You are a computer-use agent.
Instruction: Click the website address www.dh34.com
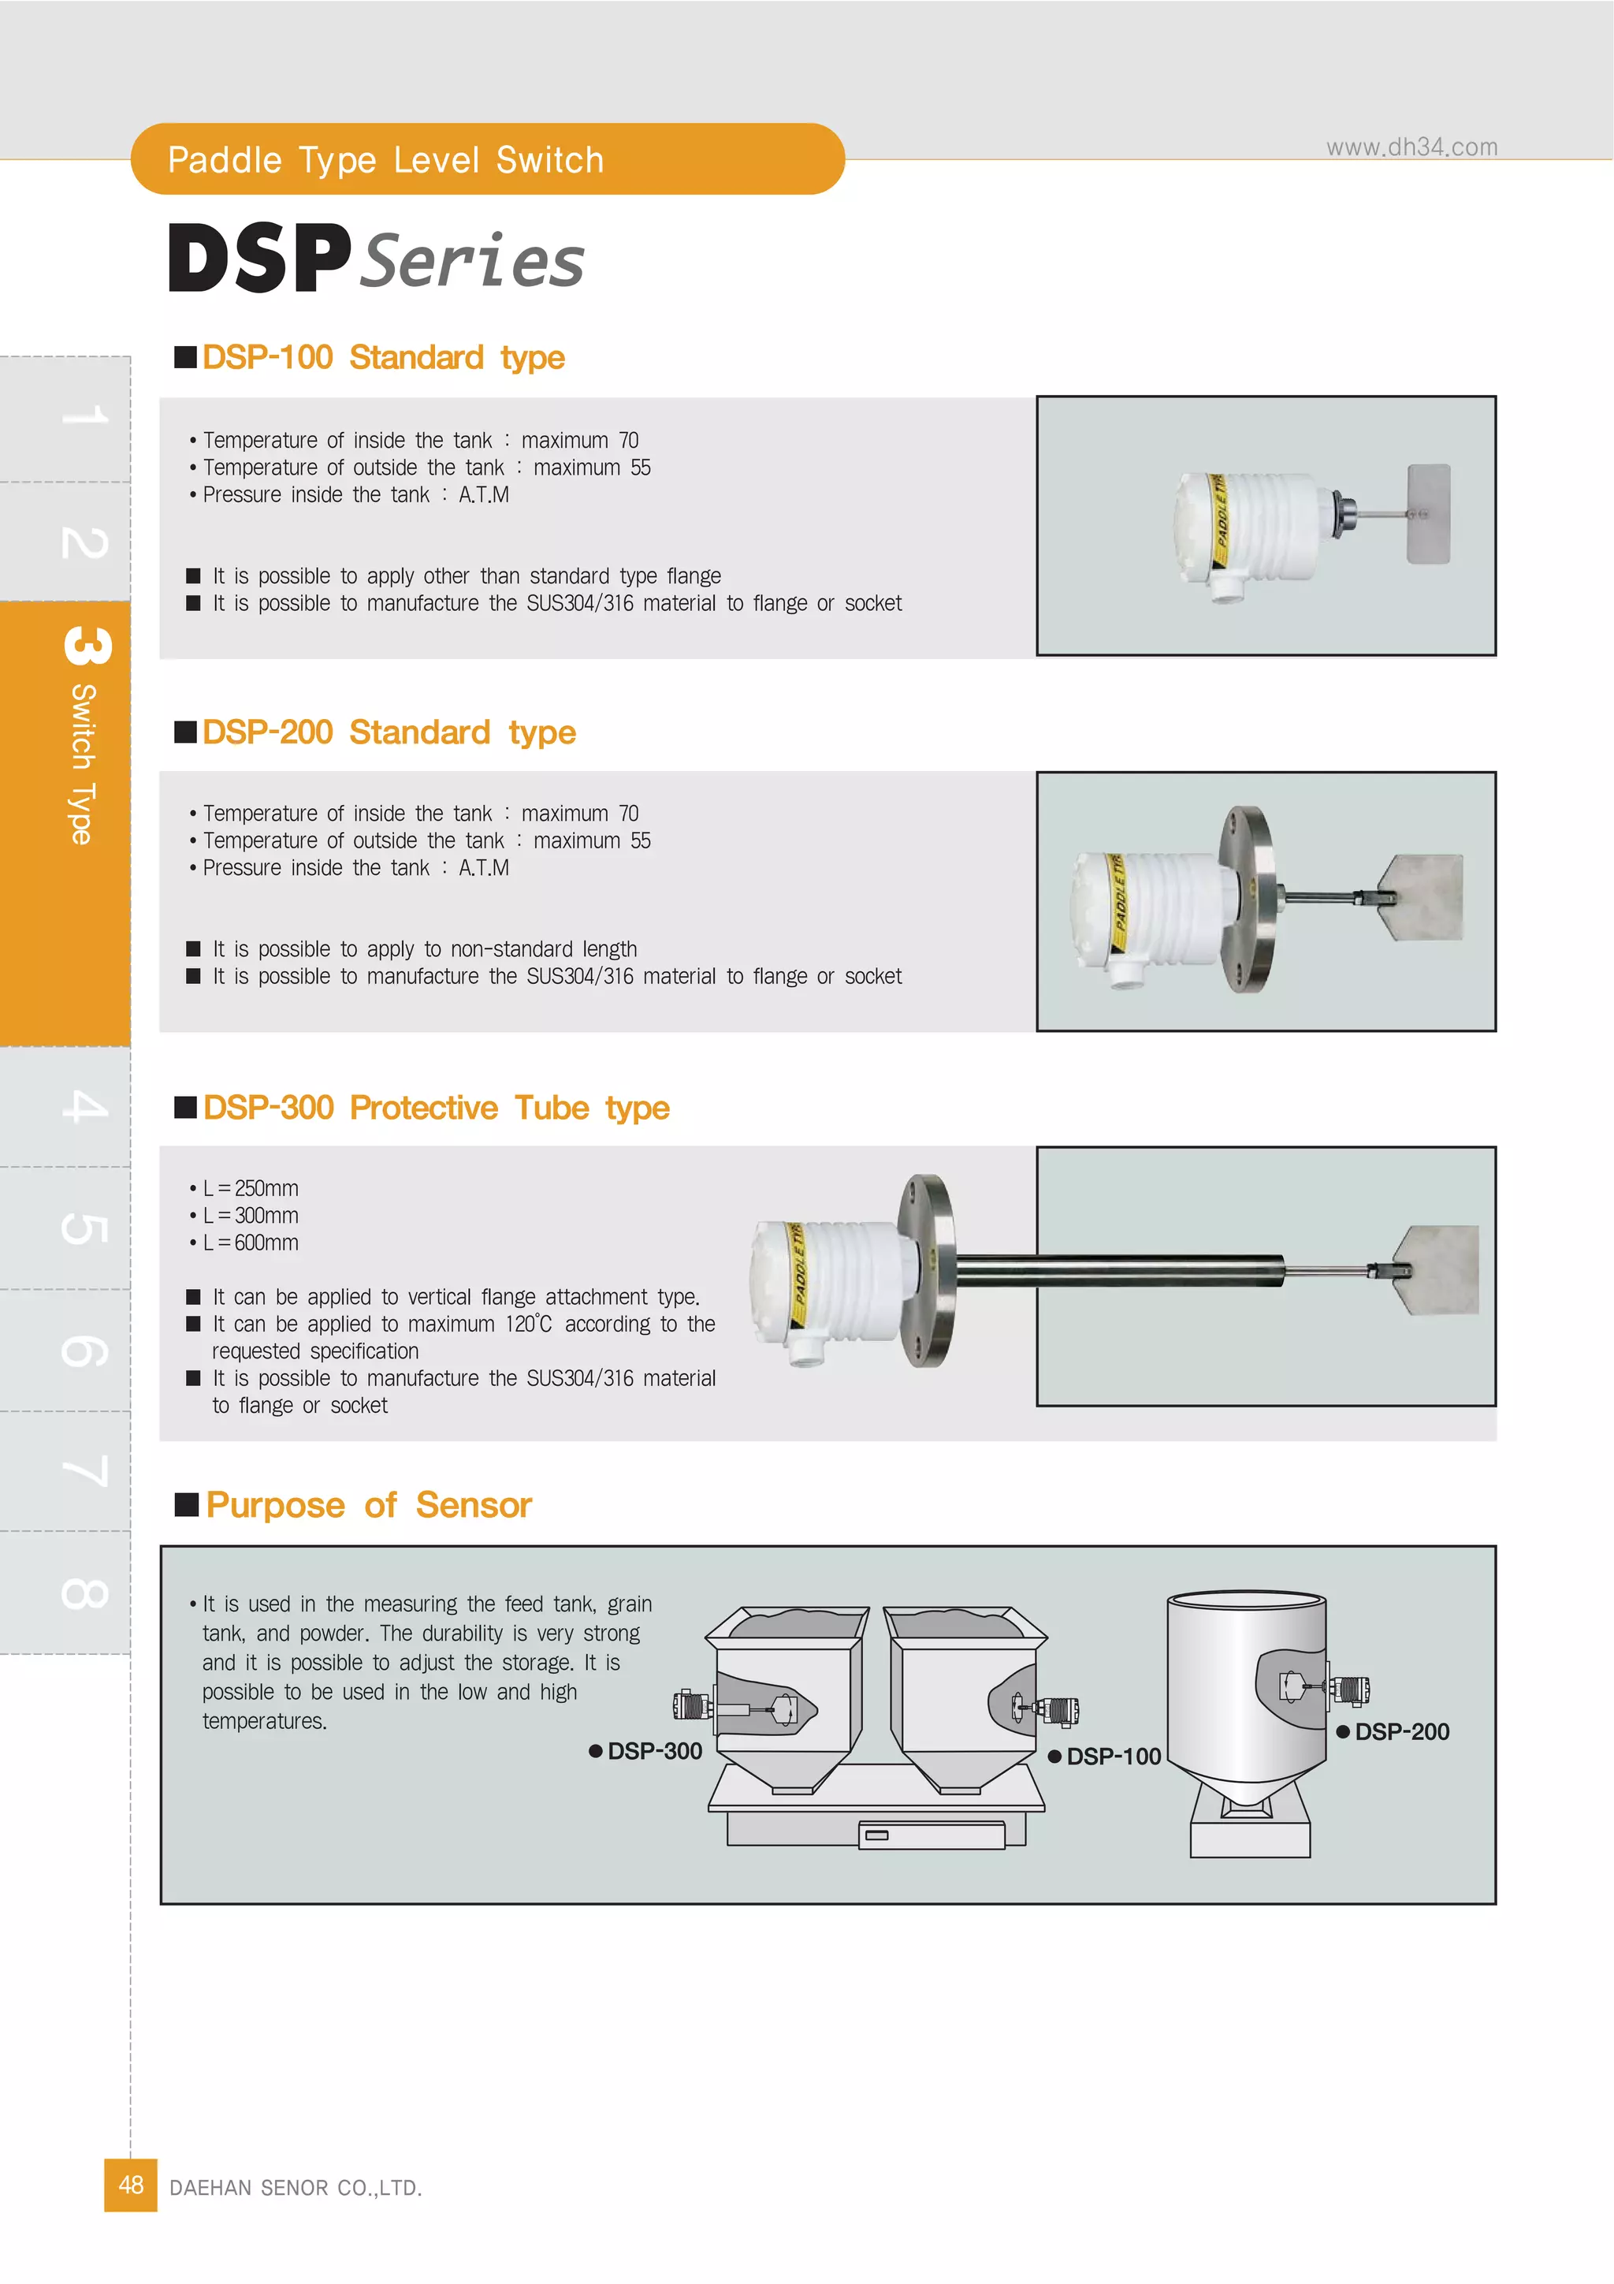(x=1411, y=147)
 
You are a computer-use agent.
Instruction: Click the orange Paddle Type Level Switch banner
(x=486, y=159)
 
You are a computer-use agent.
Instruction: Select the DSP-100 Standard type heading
(x=383, y=357)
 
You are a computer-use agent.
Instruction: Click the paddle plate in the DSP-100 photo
(x=1429, y=513)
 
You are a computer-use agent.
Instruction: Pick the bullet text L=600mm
(x=250, y=1243)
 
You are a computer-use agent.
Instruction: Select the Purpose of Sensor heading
(x=368, y=1505)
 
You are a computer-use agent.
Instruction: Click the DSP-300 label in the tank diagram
(x=653, y=1751)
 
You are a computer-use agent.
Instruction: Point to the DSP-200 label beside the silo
(x=1401, y=1732)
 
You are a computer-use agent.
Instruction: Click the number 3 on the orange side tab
(x=87, y=645)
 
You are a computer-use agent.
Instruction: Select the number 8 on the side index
(x=84, y=1593)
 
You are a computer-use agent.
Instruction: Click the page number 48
(x=130, y=2185)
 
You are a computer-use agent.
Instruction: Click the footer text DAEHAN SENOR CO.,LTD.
(x=296, y=2188)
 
